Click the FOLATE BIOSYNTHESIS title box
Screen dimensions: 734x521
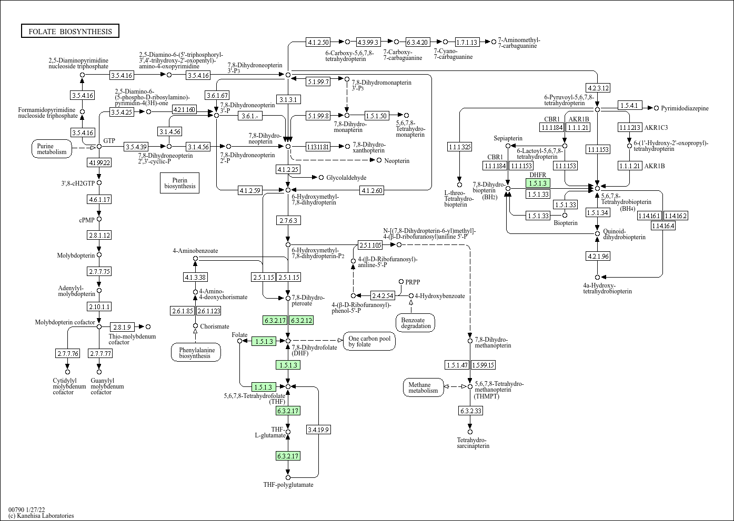pyautogui.click(x=70, y=31)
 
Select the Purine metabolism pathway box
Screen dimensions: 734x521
pyautogui.click(x=52, y=149)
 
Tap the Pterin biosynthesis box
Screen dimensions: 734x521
pyautogui.click(x=179, y=183)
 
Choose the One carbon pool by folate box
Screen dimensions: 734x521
pyautogui.click(x=369, y=341)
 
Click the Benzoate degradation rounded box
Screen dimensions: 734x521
pyautogui.click(x=416, y=323)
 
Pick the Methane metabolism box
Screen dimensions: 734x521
pyautogui.click(x=423, y=387)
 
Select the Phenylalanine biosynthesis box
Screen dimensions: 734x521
pyautogui.click(x=196, y=353)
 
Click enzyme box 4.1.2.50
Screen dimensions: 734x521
pyautogui.click(x=318, y=42)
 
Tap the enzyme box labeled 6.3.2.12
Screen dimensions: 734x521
pyautogui.click(x=301, y=320)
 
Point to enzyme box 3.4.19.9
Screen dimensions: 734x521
pyautogui.click(x=318, y=430)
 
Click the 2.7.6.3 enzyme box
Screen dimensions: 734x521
pyautogui.click(x=288, y=220)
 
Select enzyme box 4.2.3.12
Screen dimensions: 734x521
pyautogui.click(x=598, y=88)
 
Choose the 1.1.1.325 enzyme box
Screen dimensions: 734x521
pyautogui.click(x=460, y=147)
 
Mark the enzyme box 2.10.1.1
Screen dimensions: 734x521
pyautogui.click(x=99, y=307)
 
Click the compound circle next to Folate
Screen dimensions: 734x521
pyautogui.click(x=239, y=341)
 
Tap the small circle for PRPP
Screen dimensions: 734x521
pyautogui.click(x=401, y=282)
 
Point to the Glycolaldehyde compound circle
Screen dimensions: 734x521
pyautogui.click(x=321, y=178)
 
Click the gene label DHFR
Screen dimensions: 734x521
pyautogui.click(x=538, y=175)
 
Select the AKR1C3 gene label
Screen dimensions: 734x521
pyautogui.click(x=656, y=128)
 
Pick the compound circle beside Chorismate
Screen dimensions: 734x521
pyautogui.click(x=195, y=326)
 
